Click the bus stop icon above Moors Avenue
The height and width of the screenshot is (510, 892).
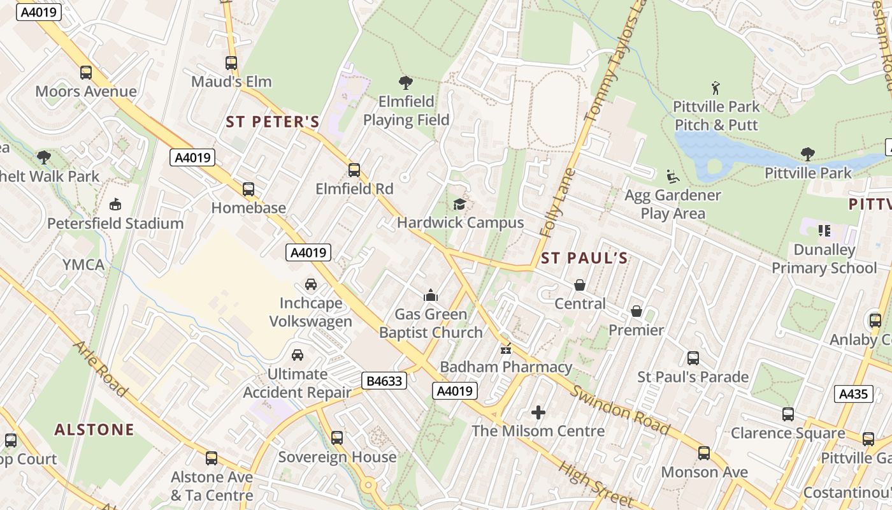click(x=86, y=73)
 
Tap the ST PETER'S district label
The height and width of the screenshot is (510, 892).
click(x=272, y=122)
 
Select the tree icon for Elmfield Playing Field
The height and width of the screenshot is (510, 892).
click(x=405, y=82)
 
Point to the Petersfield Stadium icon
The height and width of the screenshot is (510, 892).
click(x=115, y=205)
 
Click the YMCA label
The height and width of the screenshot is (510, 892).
click(x=83, y=265)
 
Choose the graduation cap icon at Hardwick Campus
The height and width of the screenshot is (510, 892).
click(x=459, y=204)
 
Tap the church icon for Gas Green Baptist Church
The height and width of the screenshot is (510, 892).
click(x=431, y=295)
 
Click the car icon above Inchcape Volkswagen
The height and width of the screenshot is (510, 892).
click(x=310, y=284)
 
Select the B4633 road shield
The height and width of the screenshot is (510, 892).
click(x=384, y=381)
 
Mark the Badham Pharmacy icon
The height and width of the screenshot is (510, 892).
click(x=506, y=348)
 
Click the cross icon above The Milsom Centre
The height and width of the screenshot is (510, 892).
click(x=538, y=412)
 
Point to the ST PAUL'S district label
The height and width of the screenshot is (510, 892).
click(x=584, y=258)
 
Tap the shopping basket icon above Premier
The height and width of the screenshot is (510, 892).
click(x=636, y=311)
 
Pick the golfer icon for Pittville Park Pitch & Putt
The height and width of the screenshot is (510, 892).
click(x=716, y=87)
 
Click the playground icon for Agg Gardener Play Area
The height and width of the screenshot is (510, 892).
click(x=672, y=176)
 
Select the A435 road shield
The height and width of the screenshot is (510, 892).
click(x=853, y=394)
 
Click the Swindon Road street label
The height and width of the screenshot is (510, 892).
click(x=619, y=409)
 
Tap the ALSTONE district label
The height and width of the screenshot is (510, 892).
click(x=94, y=430)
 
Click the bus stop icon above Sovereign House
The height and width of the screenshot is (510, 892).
click(x=337, y=438)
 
